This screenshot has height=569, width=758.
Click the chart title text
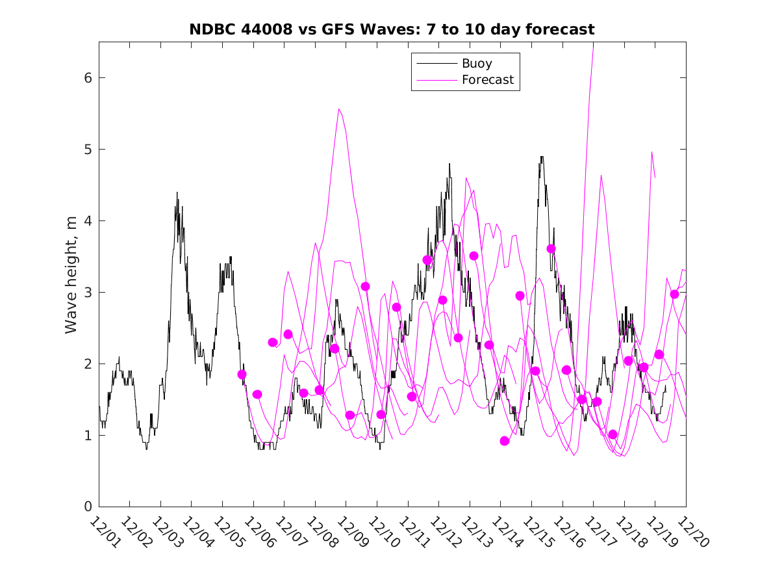[x=392, y=30]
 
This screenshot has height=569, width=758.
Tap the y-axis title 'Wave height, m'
[x=71, y=275]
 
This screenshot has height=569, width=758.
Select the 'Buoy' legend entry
[x=477, y=64]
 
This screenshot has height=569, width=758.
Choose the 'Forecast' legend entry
[x=487, y=80]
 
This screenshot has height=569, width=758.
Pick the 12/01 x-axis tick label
[x=105, y=533]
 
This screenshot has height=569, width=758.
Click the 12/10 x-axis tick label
[x=383, y=533]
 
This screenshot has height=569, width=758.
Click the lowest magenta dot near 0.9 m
[x=505, y=441]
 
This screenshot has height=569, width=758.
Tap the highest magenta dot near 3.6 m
[x=551, y=249]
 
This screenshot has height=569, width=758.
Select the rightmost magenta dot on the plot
[x=674, y=295]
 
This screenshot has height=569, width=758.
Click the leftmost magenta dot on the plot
[x=242, y=375]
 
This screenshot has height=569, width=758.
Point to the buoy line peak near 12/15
[x=542, y=157]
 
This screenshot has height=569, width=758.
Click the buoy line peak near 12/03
[x=177, y=192]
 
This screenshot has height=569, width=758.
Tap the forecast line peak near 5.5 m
[x=339, y=109]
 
